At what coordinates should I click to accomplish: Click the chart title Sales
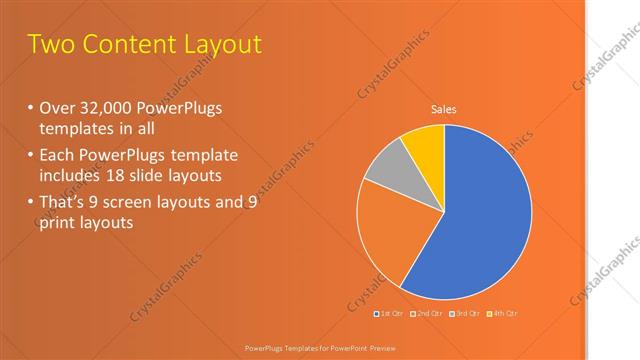click(444, 110)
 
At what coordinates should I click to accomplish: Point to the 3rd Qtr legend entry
click(465, 314)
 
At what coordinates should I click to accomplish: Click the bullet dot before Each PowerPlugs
click(30, 155)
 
